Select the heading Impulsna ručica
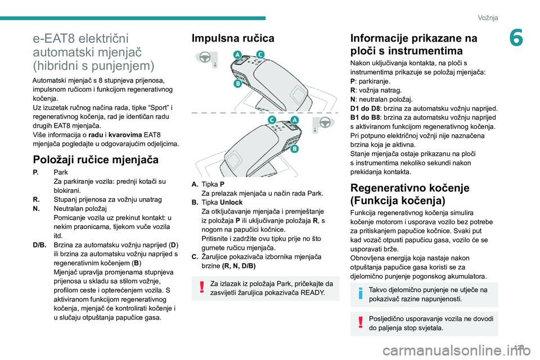pyautogui.click(x=233, y=39)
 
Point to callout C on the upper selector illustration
pyautogui.click(x=260, y=54)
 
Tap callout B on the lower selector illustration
pyautogui.click(x=294, y=149)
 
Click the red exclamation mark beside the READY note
pyautogui.click(x=201, y=288)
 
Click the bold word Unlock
pyautogui.click(x=232, y=202)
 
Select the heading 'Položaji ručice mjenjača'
pyautogui.click(x=96, y=159)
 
